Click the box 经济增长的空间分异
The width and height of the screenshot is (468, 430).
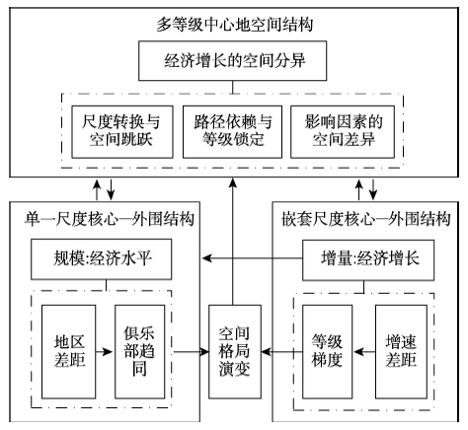[x=232, y=61]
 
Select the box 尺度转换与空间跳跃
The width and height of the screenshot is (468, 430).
[x=122, y=132]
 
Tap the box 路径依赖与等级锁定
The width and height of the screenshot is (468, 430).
[x=232, y=132]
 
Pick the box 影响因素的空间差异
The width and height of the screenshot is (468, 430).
[x=343, y=132]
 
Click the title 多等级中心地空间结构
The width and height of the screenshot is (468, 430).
[x=234, y=25]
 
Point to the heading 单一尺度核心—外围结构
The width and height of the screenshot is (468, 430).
[x=110, y=219]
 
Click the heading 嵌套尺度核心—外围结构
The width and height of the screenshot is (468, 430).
[x=366, y=219]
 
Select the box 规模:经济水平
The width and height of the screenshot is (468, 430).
[x=102, y=259]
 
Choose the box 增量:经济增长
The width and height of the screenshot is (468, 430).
[x=368, y=259]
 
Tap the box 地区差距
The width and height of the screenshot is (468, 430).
[x=69, y=352]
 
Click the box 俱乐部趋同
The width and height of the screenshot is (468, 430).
[x=139, y=352]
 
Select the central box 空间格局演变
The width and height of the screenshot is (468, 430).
[x=235, y=352]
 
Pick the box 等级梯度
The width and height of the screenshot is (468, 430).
[x=328, y=352]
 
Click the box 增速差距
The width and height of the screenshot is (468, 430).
[x=402, y=352]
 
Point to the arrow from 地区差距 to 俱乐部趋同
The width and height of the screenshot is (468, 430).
[x=105, y=352]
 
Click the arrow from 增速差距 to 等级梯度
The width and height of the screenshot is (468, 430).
[x=364, y=352]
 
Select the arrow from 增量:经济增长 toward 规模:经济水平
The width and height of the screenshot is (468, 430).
[x=252, y=258]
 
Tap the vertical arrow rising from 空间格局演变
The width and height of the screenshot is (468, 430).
[x=233, y=242]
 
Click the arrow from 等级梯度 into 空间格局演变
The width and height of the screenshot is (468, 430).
[x=282, y=352]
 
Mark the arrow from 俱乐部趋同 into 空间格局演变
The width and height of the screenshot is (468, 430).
[x=192, y=352]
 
